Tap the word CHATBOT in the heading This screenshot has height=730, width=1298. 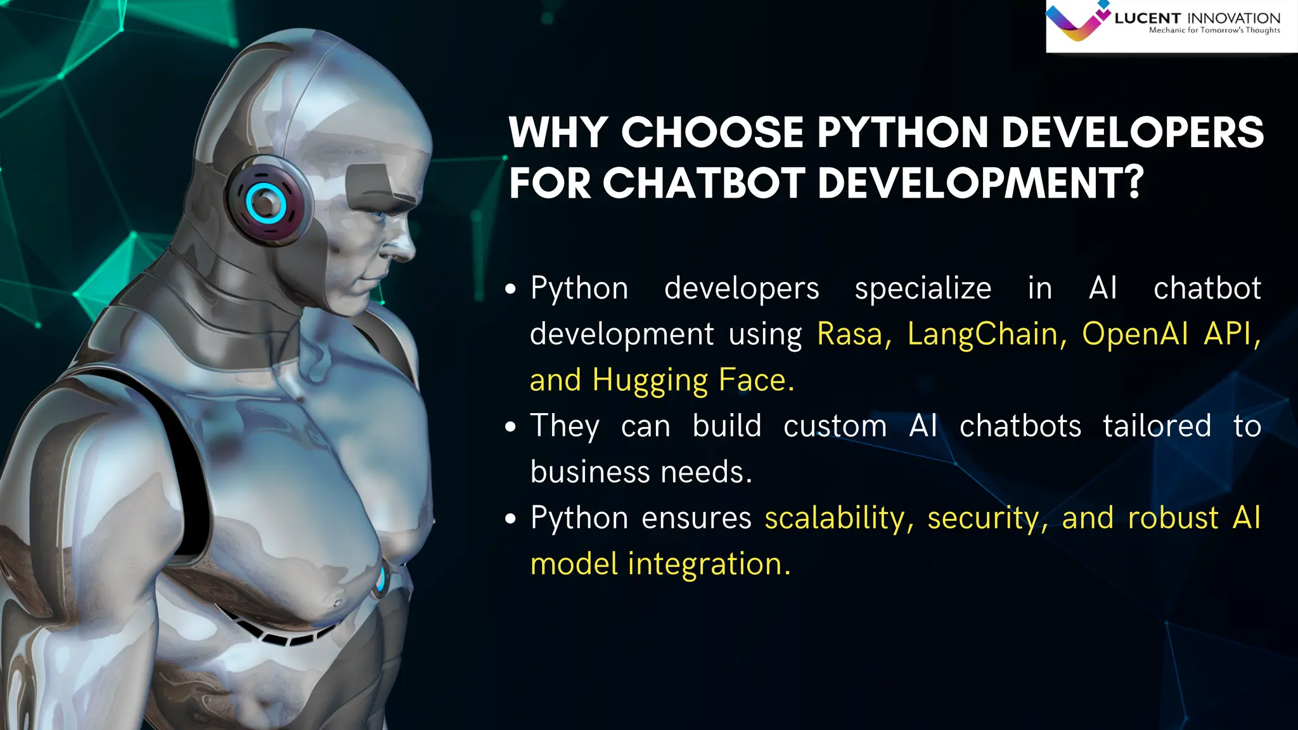click(x=703, y=184)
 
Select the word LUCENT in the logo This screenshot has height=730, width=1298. click(x=1147, y=18)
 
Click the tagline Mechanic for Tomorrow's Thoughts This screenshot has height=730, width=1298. click(x=1214, y=30)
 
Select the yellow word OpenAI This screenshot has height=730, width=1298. click(x=1134, y=334)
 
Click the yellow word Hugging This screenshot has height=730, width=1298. click(x=650, y=381)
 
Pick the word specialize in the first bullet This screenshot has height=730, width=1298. click(x=923, y=288)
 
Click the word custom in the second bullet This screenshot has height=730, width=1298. click(x=835, y=426)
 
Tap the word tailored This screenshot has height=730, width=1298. click(x=1157, y=426)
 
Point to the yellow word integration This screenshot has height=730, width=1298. click(x=709, y=564)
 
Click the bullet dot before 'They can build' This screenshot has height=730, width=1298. click(x=511, y=427)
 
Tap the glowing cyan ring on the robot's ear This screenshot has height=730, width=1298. click(x=266, y=203)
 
